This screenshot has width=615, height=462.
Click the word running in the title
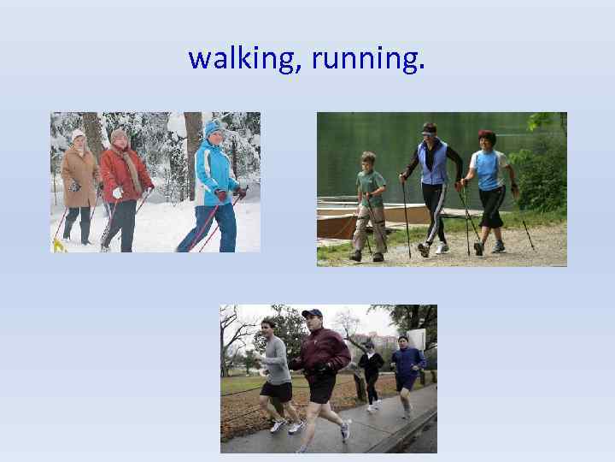click(367, 58)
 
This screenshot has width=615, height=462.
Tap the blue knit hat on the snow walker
click(213, 128)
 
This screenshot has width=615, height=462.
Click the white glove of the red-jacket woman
click(117, 193)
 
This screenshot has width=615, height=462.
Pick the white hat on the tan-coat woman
click(79, 134)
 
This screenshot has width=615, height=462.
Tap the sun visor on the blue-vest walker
click(429, 128)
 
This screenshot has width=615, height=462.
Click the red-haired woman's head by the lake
click(487, 139)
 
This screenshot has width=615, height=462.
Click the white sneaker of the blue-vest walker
click(442, 248)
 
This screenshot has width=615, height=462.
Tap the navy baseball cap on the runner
click(313, 314)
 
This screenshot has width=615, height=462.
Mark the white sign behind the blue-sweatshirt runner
click(417, 338)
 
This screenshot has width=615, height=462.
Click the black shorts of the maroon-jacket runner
click(321, 388)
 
